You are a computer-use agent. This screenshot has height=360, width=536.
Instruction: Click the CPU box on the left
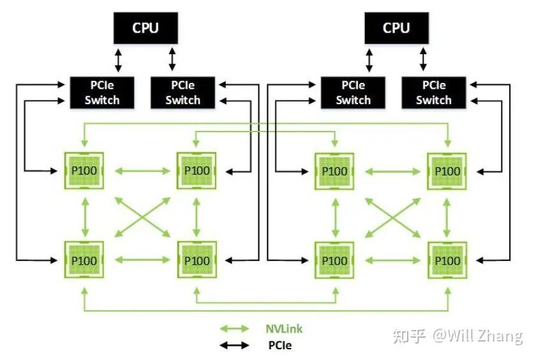[x=145, y=28]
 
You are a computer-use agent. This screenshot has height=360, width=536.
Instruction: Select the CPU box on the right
[x=396, y=28]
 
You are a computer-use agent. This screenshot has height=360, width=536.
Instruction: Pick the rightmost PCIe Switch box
[x=434, y=93]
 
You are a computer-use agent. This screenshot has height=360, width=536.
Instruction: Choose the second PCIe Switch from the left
[x=182, y=93]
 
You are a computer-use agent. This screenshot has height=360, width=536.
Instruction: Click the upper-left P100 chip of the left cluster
[x=84, y=170]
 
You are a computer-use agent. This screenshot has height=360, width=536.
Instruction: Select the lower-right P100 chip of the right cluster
[x=447, y=260]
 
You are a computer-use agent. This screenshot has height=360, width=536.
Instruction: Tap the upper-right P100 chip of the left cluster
[x=197, y=170]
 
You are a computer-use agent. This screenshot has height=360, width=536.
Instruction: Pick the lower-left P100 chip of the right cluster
[x=334, y=260]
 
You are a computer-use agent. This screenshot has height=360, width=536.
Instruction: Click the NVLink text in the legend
[x=284, y=329]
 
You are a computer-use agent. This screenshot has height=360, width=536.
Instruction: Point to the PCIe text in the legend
[x=279, y=345]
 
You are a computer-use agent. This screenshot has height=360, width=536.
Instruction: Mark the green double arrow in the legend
[x=234, y=329]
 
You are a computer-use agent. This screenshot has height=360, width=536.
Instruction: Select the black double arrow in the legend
[x=234, y=346]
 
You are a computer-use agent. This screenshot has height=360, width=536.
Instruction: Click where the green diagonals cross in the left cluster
[x=140, y=216]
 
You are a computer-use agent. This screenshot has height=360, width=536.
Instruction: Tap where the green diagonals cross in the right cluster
[x=391, y=216]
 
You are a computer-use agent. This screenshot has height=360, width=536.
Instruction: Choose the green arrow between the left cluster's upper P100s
[x=140, y=170]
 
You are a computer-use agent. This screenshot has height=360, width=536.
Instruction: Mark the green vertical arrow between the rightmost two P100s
[x=447, y=216]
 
